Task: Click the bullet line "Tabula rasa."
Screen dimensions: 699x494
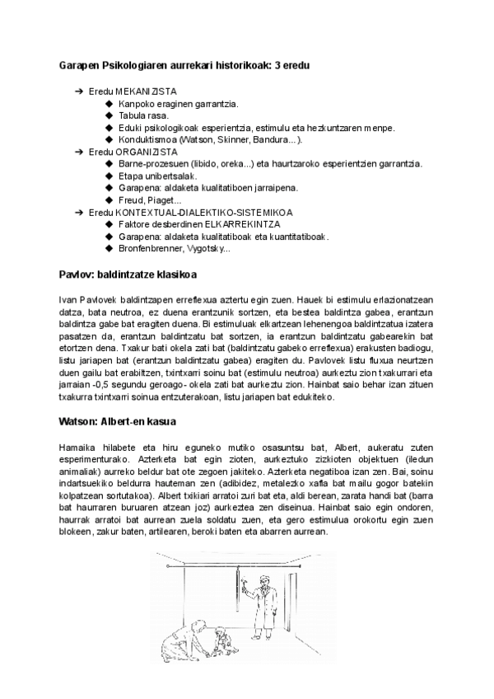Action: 143,116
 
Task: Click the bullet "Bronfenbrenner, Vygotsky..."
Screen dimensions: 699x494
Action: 175,248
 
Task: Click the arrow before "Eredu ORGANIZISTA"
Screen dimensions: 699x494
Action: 79,152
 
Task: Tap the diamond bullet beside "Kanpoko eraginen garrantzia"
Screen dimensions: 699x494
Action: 111,105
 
